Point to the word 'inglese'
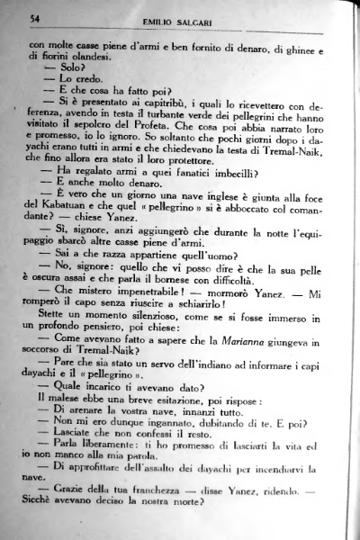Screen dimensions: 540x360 pos(211,220)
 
